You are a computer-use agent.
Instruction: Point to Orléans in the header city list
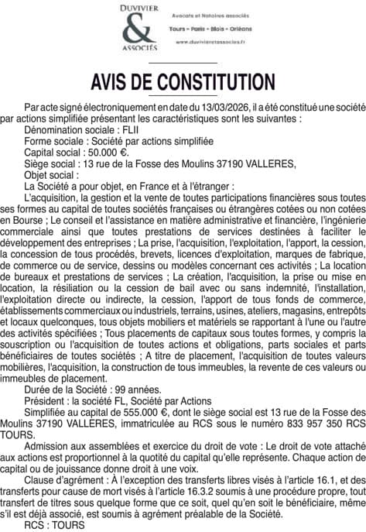[x=243, y=28]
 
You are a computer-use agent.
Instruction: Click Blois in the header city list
[x=215, y=28]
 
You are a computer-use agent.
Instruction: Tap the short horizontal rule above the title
[x=183, y=62]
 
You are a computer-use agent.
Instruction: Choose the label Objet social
[x=52, y=175]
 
